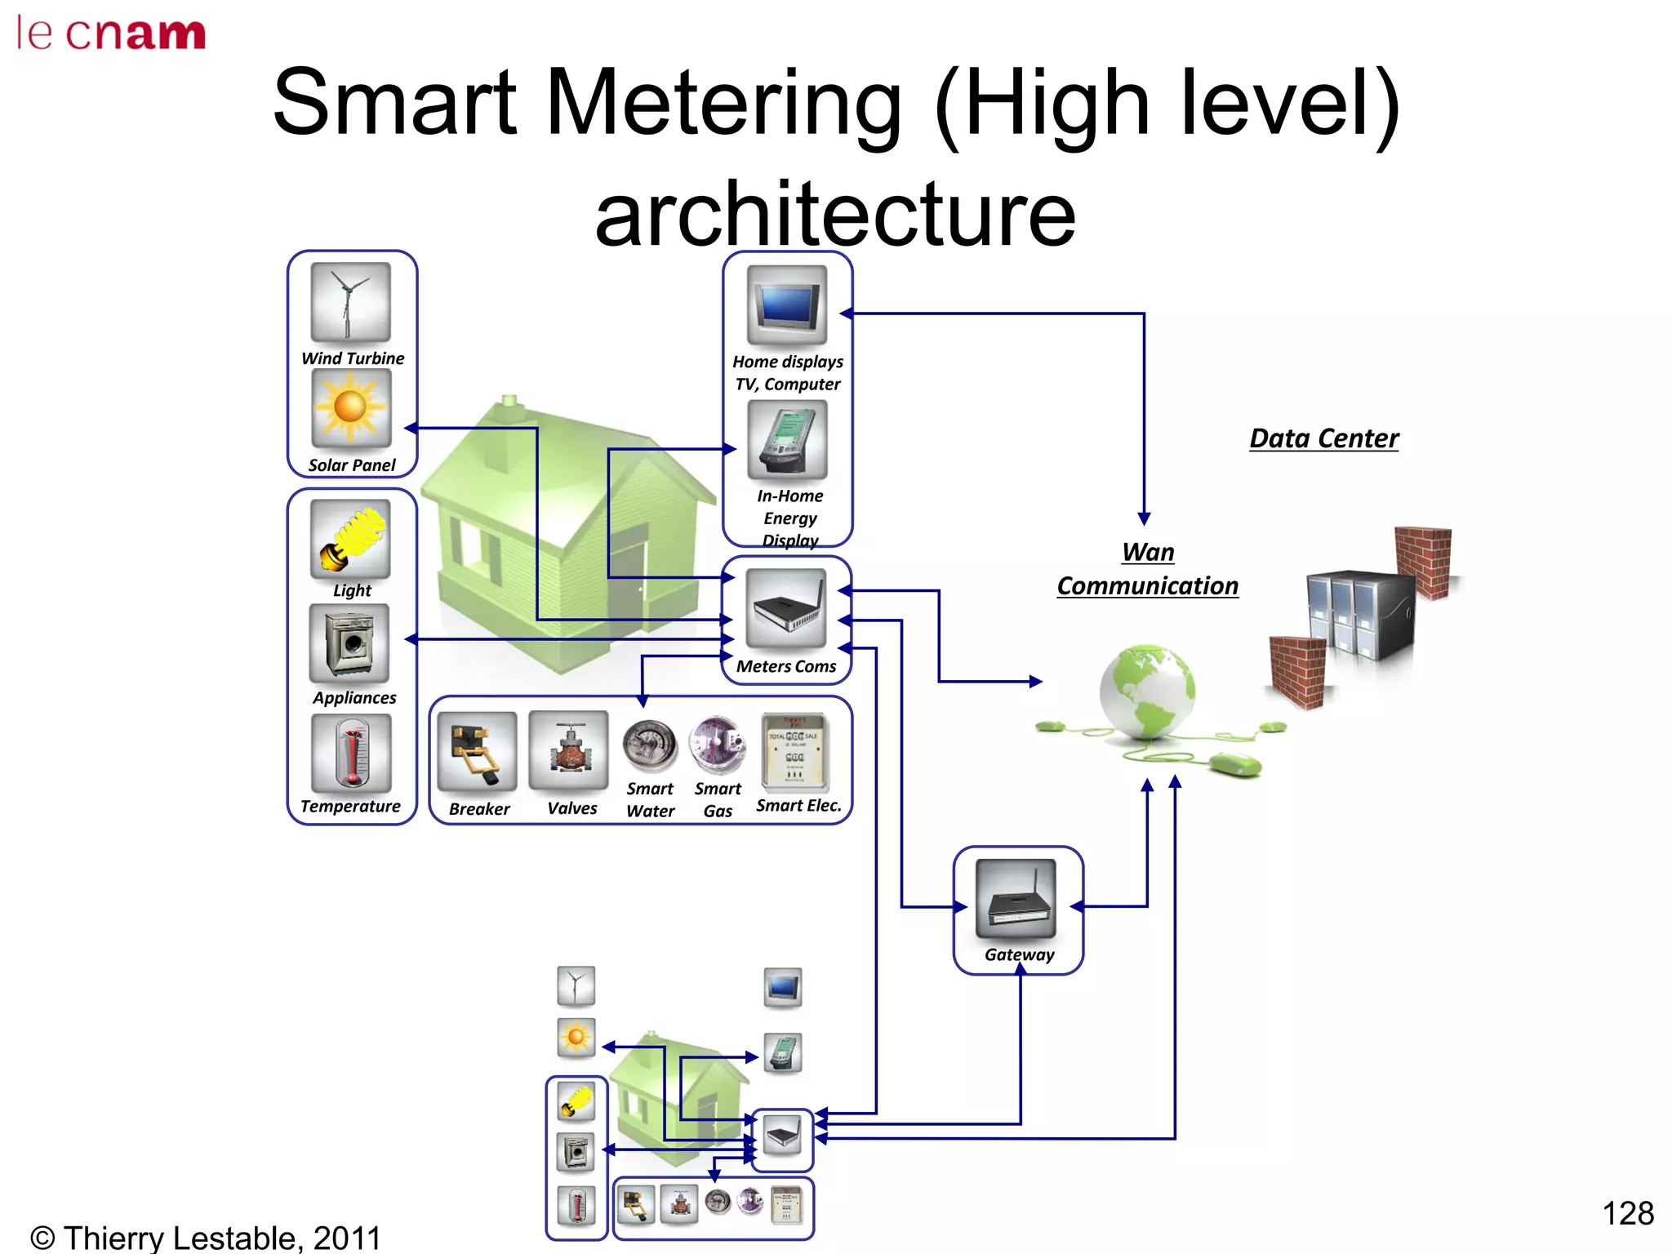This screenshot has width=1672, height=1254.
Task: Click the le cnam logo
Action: click(x=111, y=34)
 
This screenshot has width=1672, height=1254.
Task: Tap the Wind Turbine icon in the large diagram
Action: click(x=351, y=302)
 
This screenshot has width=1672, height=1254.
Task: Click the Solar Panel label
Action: click(x=352, y=465)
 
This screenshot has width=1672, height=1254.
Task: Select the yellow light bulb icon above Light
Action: click(x=351, y=540)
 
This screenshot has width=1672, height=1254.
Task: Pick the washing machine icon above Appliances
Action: click(x=349, y=644)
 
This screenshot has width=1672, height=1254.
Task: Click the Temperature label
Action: click(x=350, y=807)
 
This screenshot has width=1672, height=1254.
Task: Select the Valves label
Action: click(x=572, y=808)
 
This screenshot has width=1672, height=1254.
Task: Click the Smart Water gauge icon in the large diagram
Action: click(x=650, y=745)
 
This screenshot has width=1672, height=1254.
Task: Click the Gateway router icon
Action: click(x=1016, y=899)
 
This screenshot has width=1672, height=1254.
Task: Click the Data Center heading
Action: click(x=1324, y=438)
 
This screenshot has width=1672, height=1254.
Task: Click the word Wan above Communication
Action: click(x=1148, y=553)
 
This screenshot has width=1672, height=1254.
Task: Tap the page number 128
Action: click(x=1627, y=1213)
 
